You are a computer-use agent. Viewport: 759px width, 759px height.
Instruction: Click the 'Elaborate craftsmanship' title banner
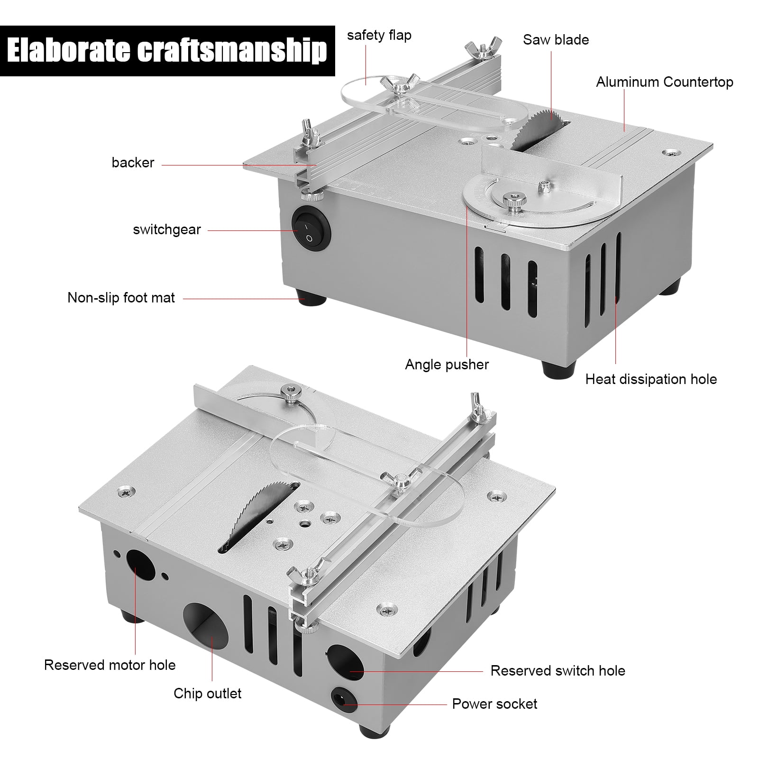click(x=167, y=51)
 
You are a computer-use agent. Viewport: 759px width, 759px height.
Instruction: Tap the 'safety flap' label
click(x=379, y=36)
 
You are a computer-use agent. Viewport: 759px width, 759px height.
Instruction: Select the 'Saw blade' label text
click(x=556, y=40)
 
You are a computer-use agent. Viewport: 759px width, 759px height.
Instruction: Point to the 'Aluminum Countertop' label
click(x=664, y=82)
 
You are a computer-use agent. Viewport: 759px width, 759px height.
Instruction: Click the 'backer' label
click(x=133, y=163)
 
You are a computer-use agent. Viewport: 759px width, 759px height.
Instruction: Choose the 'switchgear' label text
click(x=167, y=229)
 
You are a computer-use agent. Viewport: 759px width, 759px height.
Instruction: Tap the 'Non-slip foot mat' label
click(x=121, y=298)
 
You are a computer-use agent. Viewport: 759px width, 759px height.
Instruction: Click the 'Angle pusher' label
click(x=447, y=365)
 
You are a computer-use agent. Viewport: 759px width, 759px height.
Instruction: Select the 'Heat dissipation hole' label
click(x=650, y=379)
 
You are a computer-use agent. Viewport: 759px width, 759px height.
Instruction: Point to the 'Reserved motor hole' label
click(x=110, y=665)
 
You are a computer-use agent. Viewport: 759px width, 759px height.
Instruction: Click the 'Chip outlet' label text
click(x=207, y=694)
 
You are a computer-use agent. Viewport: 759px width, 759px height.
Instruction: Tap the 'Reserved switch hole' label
click(x=558, y=671)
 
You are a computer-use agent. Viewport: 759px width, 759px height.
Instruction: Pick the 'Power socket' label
click(x=494, y=704)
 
